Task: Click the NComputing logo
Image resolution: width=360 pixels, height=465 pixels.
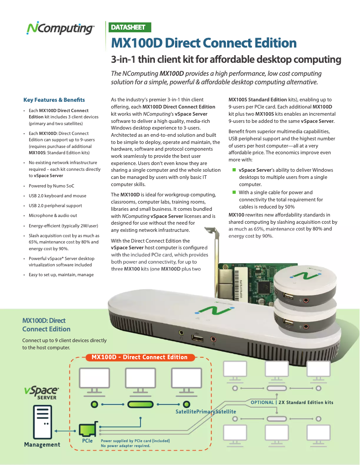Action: click(60, 29)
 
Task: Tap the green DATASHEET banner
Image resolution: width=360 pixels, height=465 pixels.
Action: click(128, 27)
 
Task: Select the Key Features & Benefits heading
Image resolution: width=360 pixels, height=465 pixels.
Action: click(54, 100)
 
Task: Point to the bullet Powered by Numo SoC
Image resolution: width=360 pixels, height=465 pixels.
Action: click(52, 186)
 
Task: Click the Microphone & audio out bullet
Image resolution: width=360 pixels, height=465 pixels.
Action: click(53, 215)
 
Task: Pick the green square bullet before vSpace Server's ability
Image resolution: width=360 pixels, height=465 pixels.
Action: click(234, 170)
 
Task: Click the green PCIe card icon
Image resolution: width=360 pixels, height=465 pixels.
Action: click(87, 430)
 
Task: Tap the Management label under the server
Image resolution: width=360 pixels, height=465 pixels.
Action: click(42, 444)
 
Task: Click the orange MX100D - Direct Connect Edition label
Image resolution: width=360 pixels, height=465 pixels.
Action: click(140, 357)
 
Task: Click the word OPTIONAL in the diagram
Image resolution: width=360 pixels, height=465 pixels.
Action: click(262, 402)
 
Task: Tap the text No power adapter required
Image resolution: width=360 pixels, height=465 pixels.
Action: click(125, 446)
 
